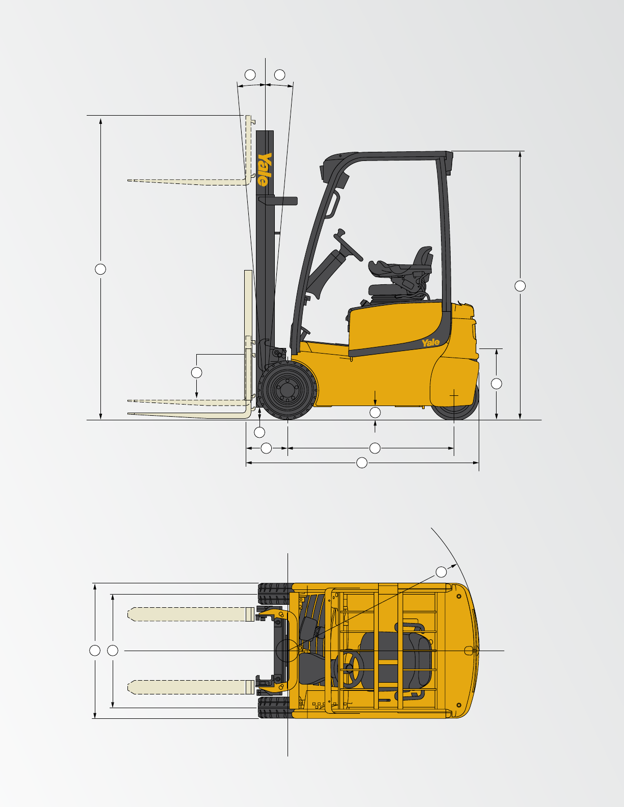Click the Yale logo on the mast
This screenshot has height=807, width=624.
(265, 169)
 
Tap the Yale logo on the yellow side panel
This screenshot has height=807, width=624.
(431, 342)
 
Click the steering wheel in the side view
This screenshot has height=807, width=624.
(348, 245)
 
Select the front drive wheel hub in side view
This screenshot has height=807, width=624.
(288, 389)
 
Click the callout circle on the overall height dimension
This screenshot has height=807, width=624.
(520, 286)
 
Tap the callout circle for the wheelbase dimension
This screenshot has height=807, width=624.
(375, 448)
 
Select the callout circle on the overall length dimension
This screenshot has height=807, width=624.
(361, 463)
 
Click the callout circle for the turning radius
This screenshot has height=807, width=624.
(441, 572)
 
